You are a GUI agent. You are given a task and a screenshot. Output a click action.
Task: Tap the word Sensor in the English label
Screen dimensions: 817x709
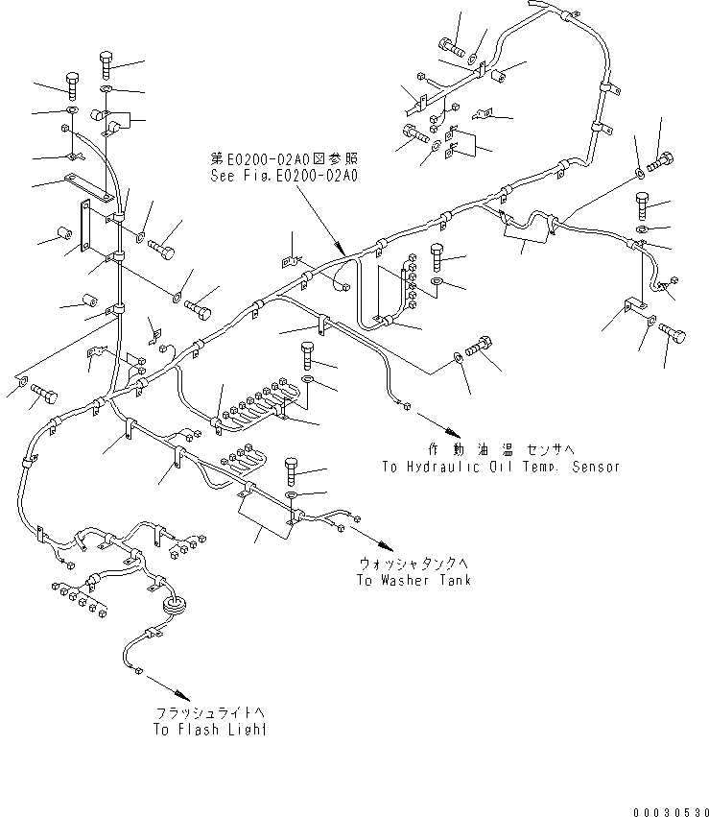pyautogui.click(x=595, y=468)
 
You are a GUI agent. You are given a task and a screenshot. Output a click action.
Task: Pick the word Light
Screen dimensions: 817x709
pyautogui.click(x=246, y=730)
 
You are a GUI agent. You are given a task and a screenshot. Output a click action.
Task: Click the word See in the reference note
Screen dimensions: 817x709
pyautogui.click(x=223, y=176)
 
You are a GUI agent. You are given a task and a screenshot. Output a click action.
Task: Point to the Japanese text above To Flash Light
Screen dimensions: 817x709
pyautogui.click(x=210, y=713)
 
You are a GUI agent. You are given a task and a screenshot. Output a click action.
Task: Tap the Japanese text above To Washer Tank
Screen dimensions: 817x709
pyautogui.click(x=414, y=565)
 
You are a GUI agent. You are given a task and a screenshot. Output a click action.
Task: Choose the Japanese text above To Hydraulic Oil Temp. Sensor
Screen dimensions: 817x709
pyautogui.click(x=499, y=450)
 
